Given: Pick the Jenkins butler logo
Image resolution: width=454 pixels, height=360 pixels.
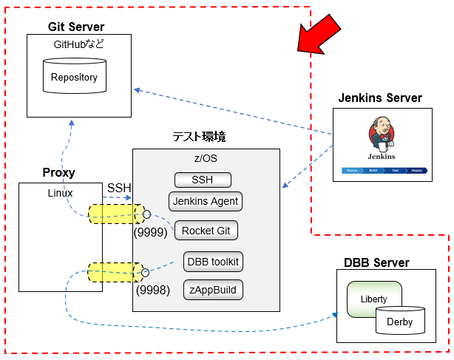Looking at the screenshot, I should click(381, 137).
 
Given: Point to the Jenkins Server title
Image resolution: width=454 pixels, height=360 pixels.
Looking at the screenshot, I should click(380, 98).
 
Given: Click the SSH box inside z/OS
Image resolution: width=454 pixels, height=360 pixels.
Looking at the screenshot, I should click(203, 180).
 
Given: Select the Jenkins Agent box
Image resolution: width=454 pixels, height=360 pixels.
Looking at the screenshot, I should click(206, 200).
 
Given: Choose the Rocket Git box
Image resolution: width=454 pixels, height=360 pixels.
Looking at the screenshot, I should click(206, 230).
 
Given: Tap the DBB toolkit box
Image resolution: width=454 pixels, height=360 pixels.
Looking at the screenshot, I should click(213, 261).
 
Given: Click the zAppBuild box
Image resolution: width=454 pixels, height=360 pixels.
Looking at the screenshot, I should click(213, 290).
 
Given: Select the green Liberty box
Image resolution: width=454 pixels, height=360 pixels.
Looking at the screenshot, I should click(374, 299).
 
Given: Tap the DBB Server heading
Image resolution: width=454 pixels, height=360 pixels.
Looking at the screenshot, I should click(376, 263).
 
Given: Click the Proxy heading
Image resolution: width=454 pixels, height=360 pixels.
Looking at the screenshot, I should click(59, 173).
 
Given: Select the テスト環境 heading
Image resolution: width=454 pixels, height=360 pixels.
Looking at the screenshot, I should click(199, 137).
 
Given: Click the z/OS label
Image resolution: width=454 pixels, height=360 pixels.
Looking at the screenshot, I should click(206, 159).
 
